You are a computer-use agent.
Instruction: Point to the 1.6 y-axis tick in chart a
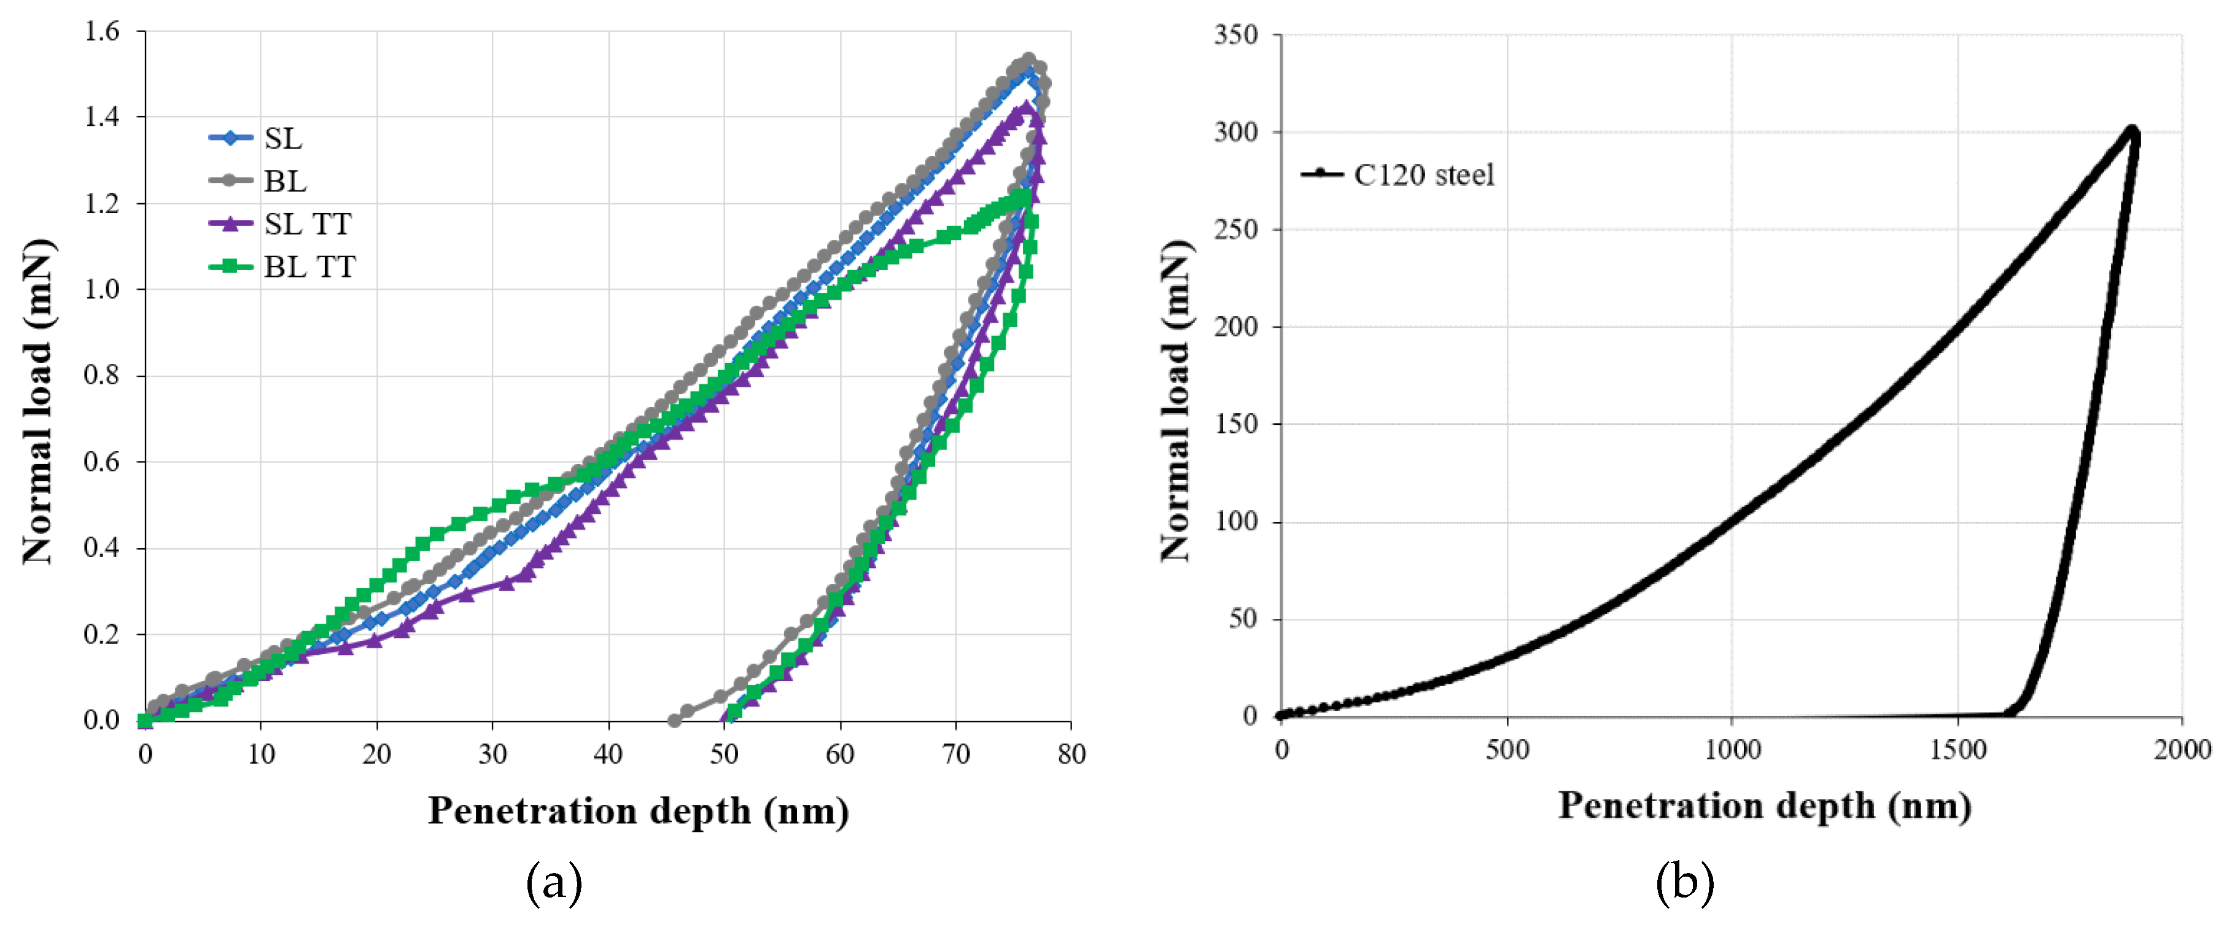coord(102,32)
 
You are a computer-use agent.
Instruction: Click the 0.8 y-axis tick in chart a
coord(102,376)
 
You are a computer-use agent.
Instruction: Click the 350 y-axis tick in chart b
coord(1235,34)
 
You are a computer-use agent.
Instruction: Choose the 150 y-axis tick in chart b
coord(1235,424)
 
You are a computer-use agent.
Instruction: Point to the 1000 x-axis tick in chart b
coord(1732,749)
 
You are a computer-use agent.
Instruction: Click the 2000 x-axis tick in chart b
coord(2182,749)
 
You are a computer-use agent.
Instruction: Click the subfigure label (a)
coord(553,883)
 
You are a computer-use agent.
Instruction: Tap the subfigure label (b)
coord(1684,883)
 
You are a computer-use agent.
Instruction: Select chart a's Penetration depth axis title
coord(638,810)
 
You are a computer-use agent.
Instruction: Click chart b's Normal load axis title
coord(1176,401)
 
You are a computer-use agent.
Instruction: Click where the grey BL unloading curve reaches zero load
coord(674,720)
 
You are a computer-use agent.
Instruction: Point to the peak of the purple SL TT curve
coord(1025,107)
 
